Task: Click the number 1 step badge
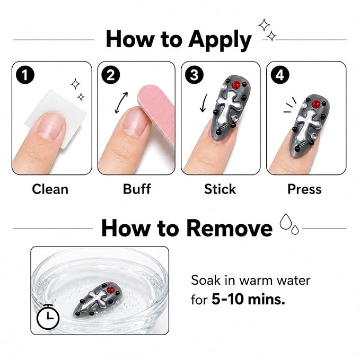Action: pos(25,75)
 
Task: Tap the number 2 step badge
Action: pos(111,75)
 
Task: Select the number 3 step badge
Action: pos(194,75)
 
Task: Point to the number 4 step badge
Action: pos(280,75)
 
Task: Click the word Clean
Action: pos(50,189)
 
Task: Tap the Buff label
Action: pos(137,189)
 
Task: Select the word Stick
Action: pos(220,189)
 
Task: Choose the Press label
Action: pos(304,189)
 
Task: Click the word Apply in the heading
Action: pos(220,40)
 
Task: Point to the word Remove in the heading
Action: pos(230,228)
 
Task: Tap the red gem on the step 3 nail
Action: pos(236,85)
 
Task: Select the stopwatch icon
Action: pos(48,317)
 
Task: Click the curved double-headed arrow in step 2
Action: pos(121,103)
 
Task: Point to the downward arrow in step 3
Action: pos(204,103)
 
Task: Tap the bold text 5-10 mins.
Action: pos(248,300)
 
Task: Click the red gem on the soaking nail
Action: pos(111,289)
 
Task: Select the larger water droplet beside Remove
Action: pos(286,221)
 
